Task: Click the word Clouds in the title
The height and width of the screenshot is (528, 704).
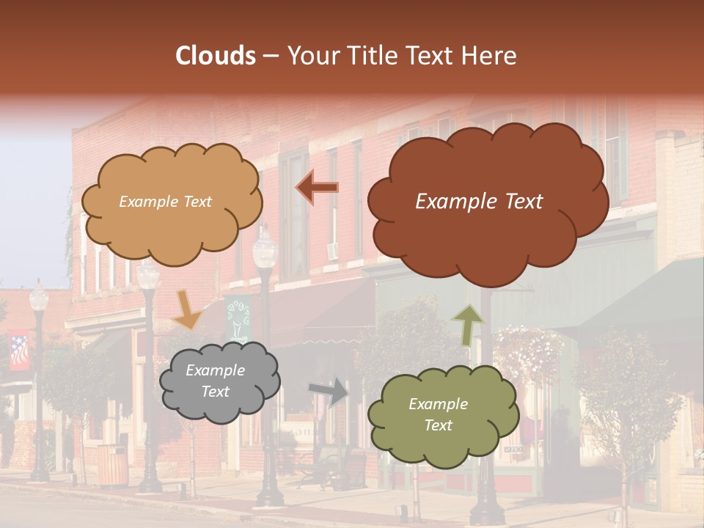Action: [216, 56]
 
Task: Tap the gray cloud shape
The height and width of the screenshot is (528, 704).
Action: [219, 382]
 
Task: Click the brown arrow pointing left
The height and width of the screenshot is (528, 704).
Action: [318, 188]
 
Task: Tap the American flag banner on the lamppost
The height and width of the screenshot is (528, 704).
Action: [20, 351]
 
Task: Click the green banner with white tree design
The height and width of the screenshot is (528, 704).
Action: [238, 318]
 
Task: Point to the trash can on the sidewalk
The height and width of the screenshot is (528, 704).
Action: [112, 465]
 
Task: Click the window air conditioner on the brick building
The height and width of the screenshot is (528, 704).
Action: [331, 252]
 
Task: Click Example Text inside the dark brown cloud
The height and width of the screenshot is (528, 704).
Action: [479, 202]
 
